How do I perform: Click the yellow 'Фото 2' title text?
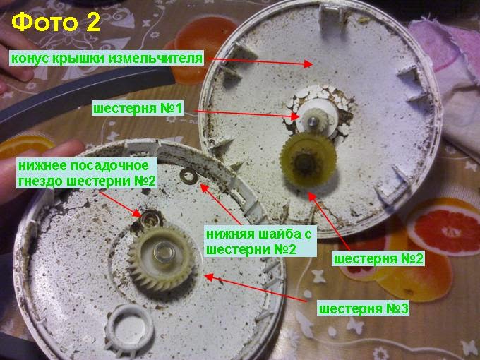point(56,23)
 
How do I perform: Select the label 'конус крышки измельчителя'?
point(107,58)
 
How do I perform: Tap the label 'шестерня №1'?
point(138,109)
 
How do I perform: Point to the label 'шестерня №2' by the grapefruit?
point(378,258)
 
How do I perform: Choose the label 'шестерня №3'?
point(364,308)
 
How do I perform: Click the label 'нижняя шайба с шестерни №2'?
point(260,242)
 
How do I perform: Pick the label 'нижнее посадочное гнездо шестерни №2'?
point(87,174)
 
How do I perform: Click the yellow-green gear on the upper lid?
point(308,160)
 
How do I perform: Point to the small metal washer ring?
point(188,176)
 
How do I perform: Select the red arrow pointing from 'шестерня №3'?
point(256,289)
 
